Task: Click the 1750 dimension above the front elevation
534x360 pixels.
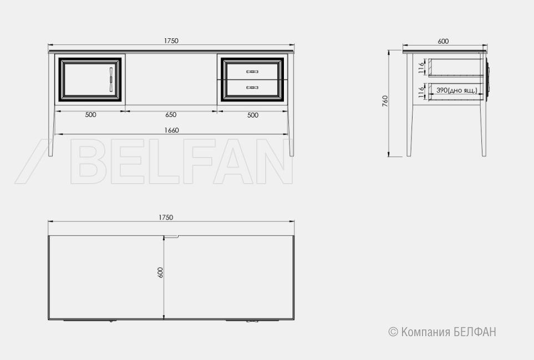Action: point(171,41)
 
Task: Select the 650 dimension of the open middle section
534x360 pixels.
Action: point(171,115)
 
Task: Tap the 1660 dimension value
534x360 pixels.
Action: point(171,130)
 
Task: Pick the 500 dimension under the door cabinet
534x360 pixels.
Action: point(90,115)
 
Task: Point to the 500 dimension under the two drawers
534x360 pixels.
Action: point(253,115)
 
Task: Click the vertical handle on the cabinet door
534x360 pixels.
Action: point(111,79)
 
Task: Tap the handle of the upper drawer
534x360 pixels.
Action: point(252,72)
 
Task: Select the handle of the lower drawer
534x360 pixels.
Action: point(252,88)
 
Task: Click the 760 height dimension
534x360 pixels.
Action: point(385,101)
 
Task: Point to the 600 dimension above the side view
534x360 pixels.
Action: point(443,41)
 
